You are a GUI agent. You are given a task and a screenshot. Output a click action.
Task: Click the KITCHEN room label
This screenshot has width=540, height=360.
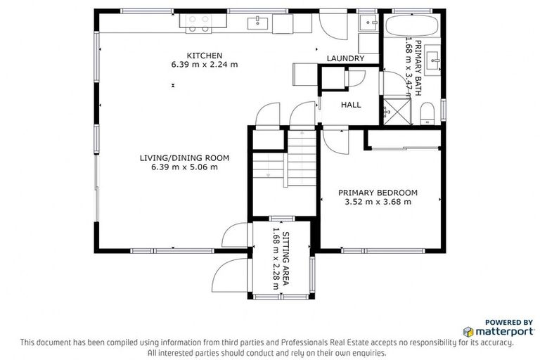tap(204, 56)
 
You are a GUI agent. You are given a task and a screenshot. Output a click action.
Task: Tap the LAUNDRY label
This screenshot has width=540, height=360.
tap(345, 59)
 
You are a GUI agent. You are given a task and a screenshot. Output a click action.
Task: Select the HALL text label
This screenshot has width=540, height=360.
tap(350, 105)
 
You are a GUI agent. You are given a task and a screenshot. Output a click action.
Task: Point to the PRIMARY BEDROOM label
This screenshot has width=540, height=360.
tap(378, 193)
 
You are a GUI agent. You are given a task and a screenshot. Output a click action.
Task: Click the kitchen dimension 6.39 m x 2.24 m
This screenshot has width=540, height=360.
tap(204, 65)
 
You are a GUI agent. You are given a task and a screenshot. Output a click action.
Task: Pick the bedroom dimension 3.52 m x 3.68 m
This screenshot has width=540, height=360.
tap(378, 202)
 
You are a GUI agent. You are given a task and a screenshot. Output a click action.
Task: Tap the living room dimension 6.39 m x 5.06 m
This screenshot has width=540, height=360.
tap(184, 167)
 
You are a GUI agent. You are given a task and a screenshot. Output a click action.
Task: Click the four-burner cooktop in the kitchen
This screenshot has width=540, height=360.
tap(198, 25)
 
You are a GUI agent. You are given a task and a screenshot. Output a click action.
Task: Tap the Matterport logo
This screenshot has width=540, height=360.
tap(492, 330)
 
